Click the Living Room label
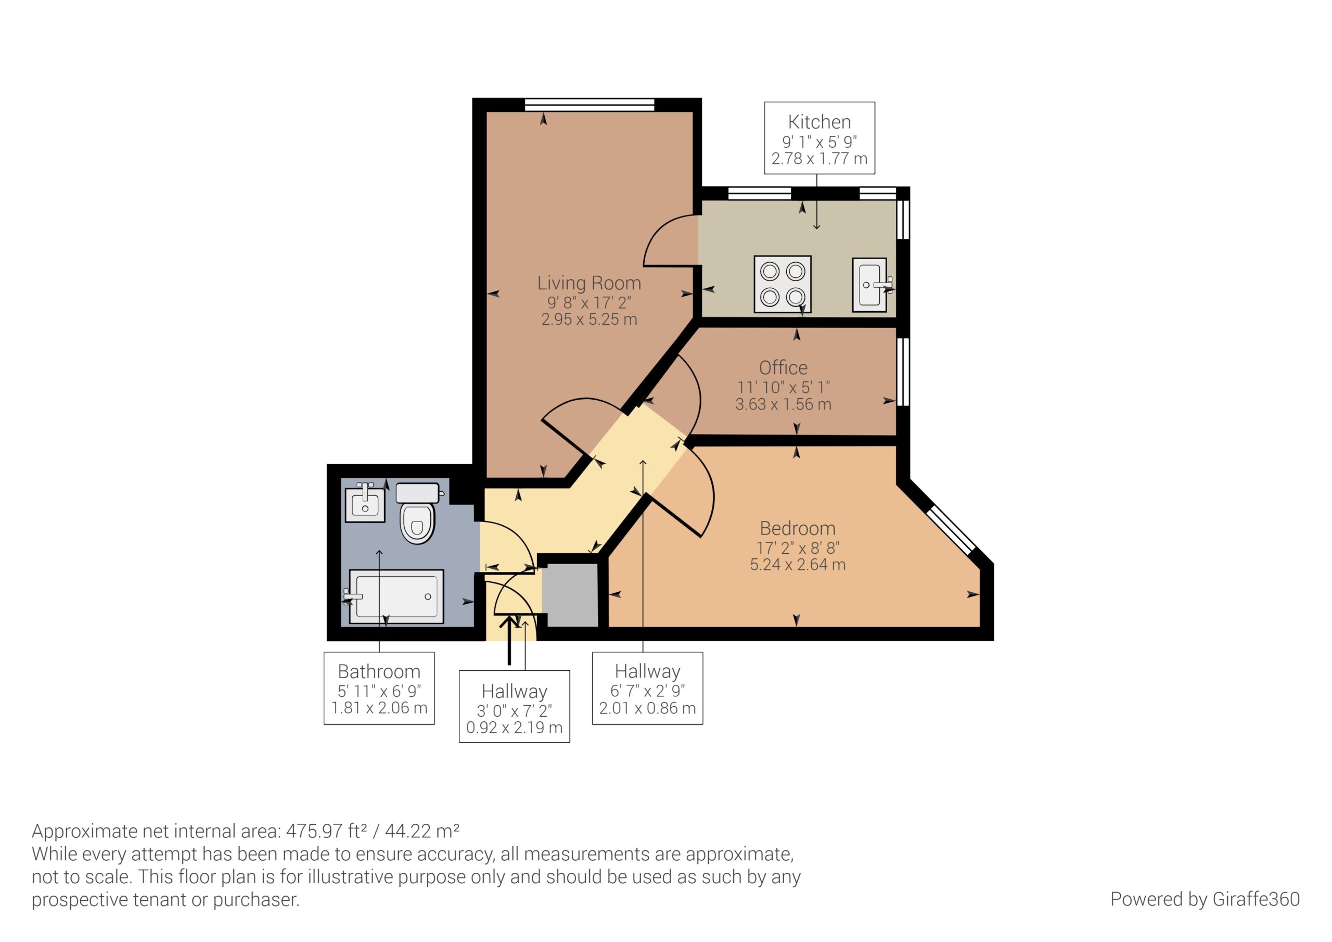[x=589, y=283]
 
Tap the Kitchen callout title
[x=819, y=122]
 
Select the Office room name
[x=783, y=367]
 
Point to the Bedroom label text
[x=798, y=528]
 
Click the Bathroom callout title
[x=379, y=671]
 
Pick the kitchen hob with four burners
[x=783, y=284]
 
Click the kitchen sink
[x=869, y=285]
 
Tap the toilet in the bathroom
[x=418, y=513]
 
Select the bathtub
[x=396, y=596]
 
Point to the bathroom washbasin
[x=365, y=503]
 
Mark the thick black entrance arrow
[x=509, y=640]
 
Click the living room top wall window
[x=590, y=105]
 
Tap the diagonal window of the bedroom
[x=950, y=530]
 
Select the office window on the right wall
[x=903, y=372]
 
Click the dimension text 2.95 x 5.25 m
[x=589, y=319]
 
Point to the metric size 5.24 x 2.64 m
[x=798, y=565]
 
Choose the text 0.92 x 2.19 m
[x=515, y=728]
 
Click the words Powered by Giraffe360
[x=1205, y=899]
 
